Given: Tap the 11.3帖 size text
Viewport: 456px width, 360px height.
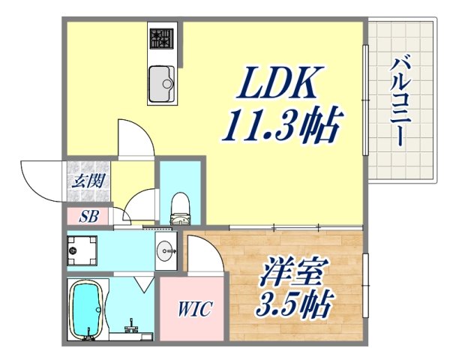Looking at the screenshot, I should [280, 127].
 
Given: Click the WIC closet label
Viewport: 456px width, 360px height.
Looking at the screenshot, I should [194, 309].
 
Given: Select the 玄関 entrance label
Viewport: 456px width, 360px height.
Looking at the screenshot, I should [88, 181].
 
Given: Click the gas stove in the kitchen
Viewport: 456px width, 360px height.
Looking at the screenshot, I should [160, 37].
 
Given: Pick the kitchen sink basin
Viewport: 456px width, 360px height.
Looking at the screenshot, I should [160, 82].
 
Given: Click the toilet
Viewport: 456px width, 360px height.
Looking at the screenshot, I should [181, 208].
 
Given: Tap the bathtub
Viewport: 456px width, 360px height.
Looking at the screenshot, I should [87, 310].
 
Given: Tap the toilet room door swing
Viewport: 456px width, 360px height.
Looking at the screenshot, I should [139, 208].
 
